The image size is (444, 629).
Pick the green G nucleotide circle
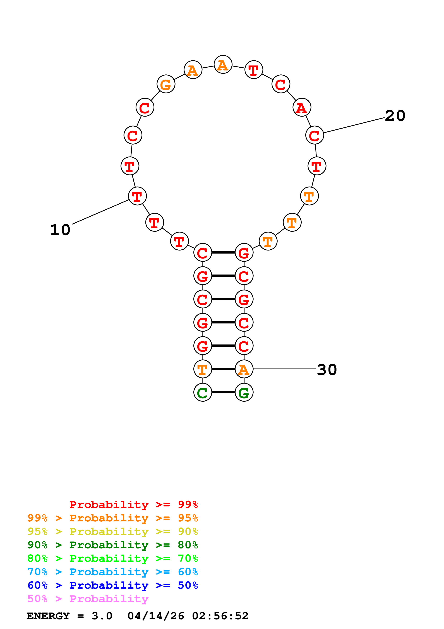[x=244, y=392]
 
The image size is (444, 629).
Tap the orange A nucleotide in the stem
[x=244, y=369]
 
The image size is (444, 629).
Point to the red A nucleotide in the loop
[x=302, y=107]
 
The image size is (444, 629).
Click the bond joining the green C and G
[x=223, y=392]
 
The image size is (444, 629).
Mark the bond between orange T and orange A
[x=223, y=369]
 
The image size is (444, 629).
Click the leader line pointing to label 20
[x=354, y=125]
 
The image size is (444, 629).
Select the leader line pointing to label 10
[x=101, y=212]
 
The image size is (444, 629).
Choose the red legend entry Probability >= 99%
[x=133, y=504]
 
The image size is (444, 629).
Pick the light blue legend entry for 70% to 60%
[x=112, y=572]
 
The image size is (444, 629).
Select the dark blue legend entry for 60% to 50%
[x=112, y=585]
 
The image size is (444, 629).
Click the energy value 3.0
[x=102, y=616]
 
